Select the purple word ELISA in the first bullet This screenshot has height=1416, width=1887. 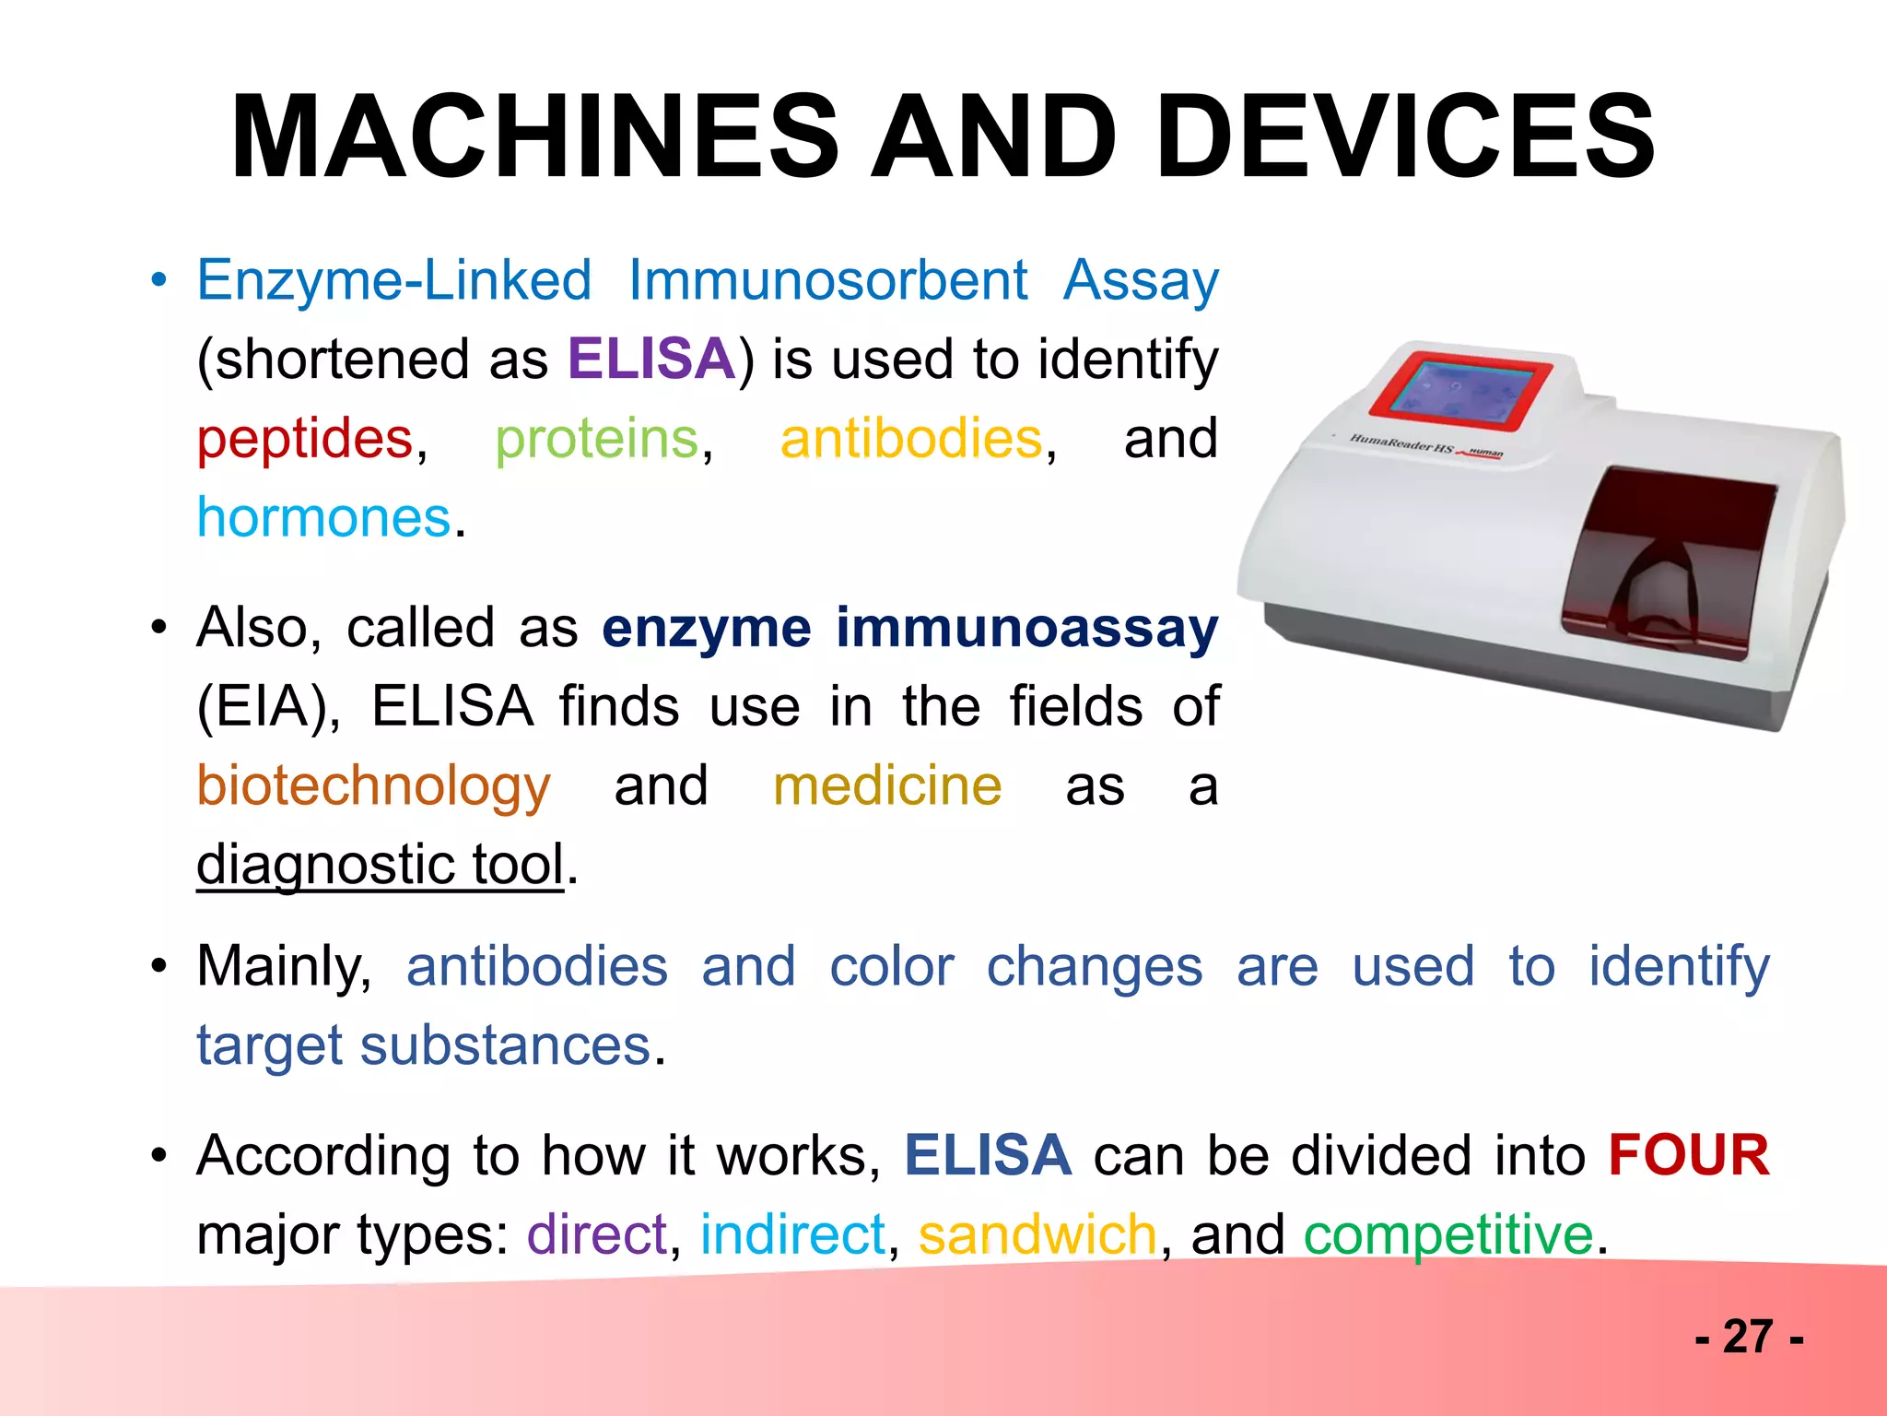[651, 359]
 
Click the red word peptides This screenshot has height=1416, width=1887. [305, 439]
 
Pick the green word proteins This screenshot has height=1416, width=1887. [597, 439]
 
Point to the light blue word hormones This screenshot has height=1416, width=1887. [324, 517]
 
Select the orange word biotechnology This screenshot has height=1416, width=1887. [373, 786]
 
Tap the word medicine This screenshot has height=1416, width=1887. [887, 786]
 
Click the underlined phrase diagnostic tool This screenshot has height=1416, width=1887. [380, 865]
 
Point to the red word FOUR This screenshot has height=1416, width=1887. [1688, 1155]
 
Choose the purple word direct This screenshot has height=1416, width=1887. [596, 1234]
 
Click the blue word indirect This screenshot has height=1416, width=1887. [792, 1234]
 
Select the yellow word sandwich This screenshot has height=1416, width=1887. [1037, 1234]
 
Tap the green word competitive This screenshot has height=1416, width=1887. [1447, 1234]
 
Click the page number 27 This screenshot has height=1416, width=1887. [1748, 1337]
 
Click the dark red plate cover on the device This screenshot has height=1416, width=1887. [1668, 562]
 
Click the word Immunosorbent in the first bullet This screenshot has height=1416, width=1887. [827, 280]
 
